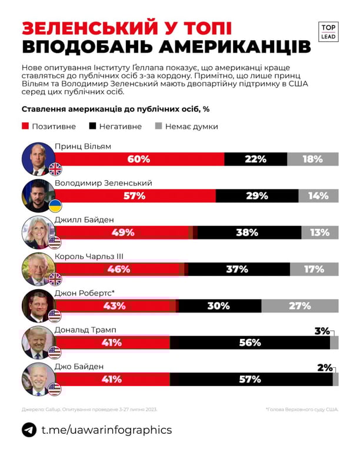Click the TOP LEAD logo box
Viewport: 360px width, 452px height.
tap(329, 32)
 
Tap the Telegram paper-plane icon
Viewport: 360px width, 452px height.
tap(29, 430)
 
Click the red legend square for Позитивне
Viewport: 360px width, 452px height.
tap(25, 126)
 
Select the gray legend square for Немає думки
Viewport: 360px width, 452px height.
tap(158, 126)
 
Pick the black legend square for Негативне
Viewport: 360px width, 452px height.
tap(92, 126)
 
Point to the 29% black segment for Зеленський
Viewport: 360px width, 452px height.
tap(257, 196)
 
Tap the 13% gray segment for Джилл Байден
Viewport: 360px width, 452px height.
tap(320, 232)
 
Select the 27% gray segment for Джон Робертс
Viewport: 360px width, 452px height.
tap(299, 305)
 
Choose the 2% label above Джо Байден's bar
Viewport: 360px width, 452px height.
tap(325, 368)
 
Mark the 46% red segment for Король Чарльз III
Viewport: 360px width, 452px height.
tap(118, 269)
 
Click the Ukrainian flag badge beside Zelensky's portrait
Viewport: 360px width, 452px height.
tap(55, 206)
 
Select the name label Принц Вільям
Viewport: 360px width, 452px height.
tap(82, 145)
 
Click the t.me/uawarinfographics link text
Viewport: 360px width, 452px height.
tap(106, 430)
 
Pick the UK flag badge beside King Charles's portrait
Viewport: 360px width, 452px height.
tap(55, 279)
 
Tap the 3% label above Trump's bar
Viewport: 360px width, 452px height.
tap(322, 331)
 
